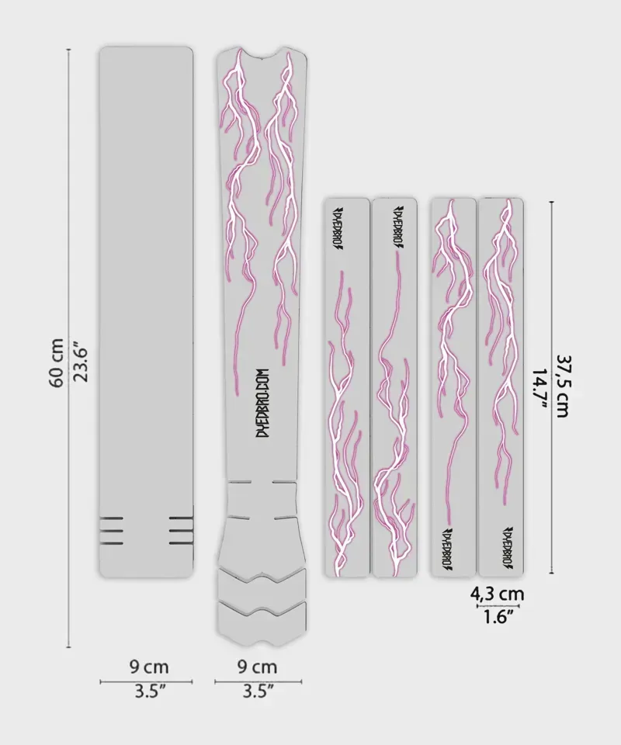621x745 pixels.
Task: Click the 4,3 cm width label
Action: click(498, 594)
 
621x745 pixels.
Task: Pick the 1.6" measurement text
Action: click(498, 618)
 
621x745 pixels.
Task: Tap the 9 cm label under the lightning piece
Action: click(257, 667)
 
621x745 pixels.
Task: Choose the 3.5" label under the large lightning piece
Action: click(257, 691)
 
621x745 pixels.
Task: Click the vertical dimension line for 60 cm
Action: click(69, 348)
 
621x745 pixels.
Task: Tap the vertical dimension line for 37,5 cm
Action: click(551, 386)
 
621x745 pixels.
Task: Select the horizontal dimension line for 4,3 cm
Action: click(498, 607)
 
